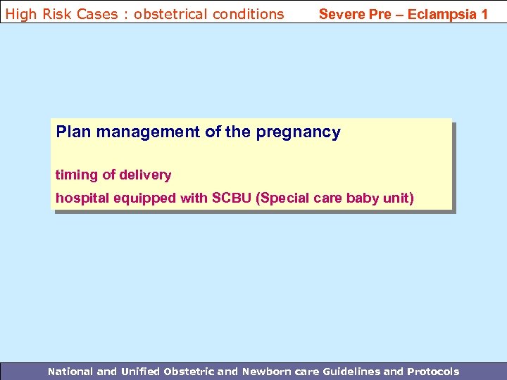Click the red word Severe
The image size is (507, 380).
(342, 13)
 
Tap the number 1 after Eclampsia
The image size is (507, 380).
(484, 13)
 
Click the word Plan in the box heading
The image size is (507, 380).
(74, 132)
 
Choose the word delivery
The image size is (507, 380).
(146, 175)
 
